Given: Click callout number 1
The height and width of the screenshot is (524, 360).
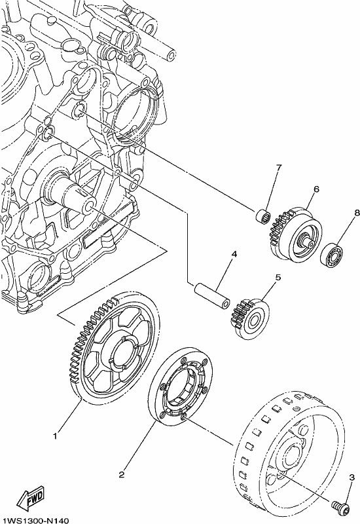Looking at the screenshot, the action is tap(56, 436).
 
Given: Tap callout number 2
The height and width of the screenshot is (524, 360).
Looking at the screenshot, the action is tap(122, 474).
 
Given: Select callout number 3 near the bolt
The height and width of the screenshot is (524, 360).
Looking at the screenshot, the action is tap(351, 478).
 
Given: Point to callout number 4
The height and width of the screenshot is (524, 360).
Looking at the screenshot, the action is tap(234, 254).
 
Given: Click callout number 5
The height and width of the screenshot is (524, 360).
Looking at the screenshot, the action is tap(278, 277).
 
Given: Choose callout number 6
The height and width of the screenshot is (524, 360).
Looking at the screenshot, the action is tap(316, 189).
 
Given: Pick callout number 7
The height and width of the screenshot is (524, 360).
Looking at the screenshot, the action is tap(279, 167).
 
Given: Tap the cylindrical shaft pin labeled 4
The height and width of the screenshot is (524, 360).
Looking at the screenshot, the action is tap(212, 296).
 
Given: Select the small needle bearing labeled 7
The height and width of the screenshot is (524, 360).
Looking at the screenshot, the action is tap(264, 215).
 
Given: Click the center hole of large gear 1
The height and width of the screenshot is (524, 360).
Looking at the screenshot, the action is tap(124, 355).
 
